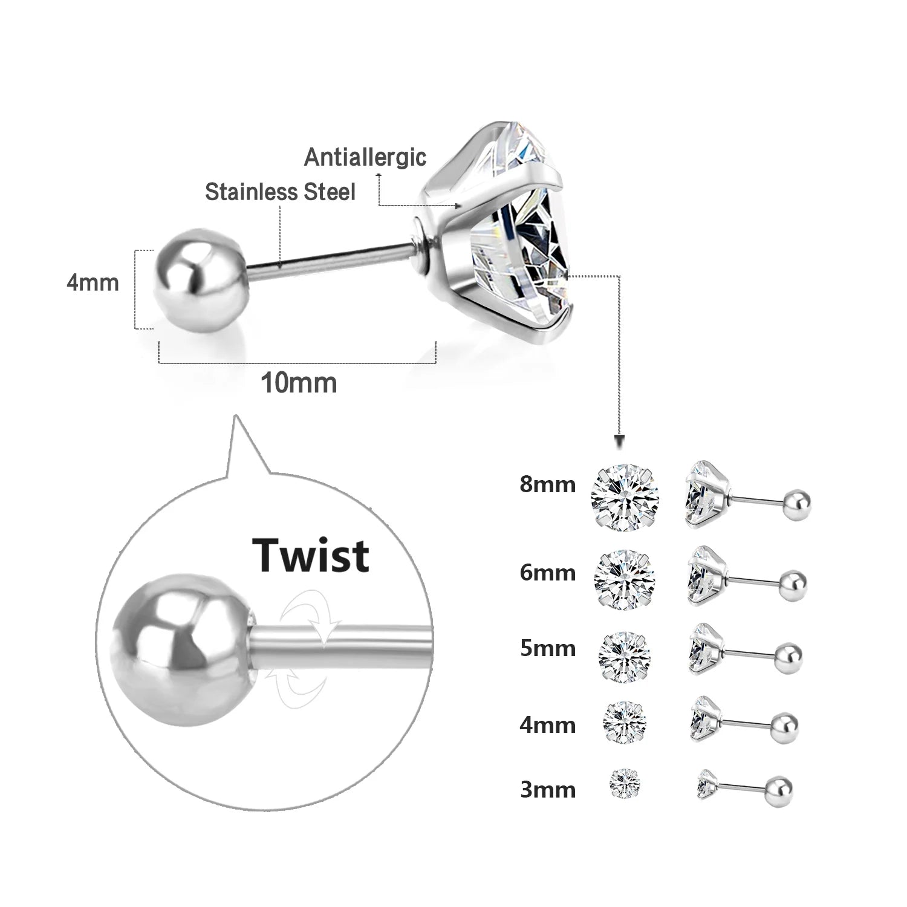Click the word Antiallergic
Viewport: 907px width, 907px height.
[365, 157]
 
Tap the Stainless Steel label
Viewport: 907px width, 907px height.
[280, 192]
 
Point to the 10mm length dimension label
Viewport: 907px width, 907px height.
[298, 383]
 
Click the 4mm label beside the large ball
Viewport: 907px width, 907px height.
[93, 283]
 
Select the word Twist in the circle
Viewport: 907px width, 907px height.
[311, 555]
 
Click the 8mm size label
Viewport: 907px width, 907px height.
[547, 485]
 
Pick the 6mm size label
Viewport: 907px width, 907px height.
[547, 573]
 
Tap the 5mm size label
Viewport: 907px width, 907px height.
[547, 648]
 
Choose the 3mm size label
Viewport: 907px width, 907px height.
[547, 790]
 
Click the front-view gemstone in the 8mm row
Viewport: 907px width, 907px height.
[625, 497]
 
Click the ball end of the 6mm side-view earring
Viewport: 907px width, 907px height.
[792, 583]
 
